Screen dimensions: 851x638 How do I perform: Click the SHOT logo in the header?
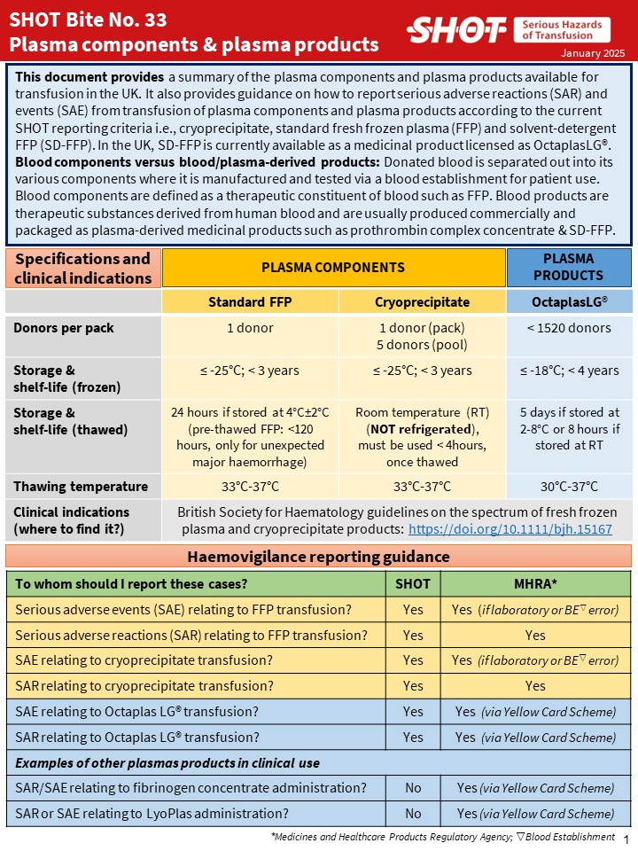(456, 30)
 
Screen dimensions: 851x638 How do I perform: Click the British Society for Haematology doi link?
(510, 528)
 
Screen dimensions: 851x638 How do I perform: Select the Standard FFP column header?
(249, 301)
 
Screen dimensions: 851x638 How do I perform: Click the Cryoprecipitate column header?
(421, 301)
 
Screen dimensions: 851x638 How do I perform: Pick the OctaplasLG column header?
(568, 301)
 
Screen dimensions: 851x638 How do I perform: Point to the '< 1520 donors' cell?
(568, 328)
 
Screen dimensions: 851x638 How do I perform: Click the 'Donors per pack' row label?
(65, 328)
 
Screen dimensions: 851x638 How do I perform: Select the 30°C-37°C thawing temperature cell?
(568, 486)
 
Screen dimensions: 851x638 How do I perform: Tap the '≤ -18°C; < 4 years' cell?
(568, 370)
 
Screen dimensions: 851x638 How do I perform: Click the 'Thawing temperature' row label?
(81, 486)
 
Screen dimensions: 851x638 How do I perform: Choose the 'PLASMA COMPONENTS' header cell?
(333, 267)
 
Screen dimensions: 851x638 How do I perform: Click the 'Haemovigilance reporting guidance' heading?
(318, 557)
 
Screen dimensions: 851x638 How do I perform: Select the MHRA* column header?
(534, 582)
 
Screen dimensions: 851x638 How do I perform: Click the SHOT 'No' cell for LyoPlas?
(412, 814)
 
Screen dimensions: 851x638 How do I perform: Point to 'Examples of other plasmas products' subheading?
(167, 763)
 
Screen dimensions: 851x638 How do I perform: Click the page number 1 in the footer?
(626, 839)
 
